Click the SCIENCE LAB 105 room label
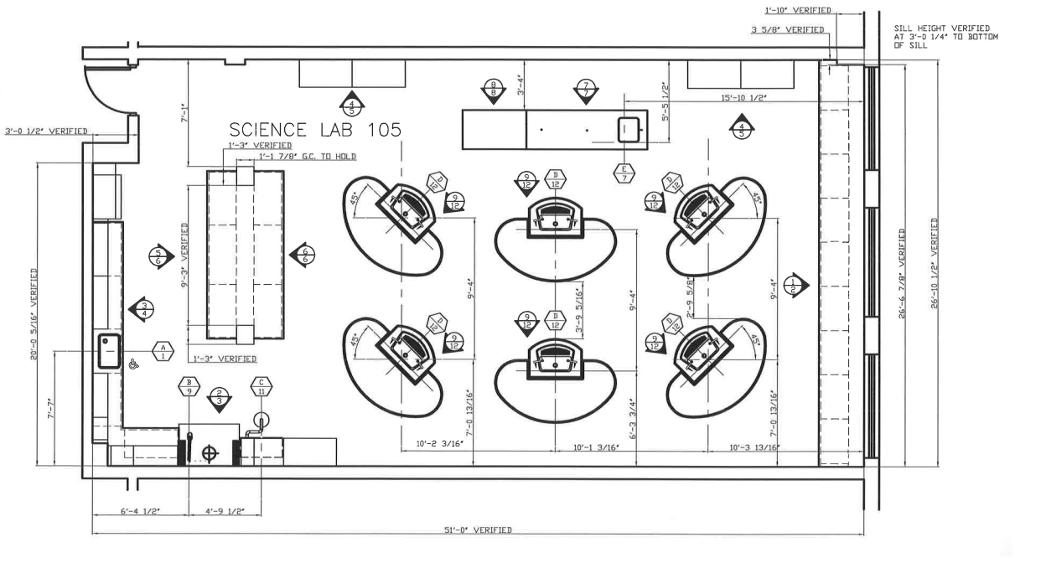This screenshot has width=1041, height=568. click(x=315, y=130)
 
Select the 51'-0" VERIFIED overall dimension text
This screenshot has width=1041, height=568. click(x=477, y=530)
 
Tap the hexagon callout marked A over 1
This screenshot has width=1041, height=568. click(x=163, y=351)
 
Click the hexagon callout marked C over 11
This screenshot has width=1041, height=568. click(x=262, y=386)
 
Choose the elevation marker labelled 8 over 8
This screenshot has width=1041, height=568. click(x=495, y=90)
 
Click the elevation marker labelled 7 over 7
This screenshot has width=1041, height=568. click(x=586, y=90)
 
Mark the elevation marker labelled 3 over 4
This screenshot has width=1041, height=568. click(x=142, y=309)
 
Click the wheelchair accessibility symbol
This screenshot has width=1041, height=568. click(x=133, y=364)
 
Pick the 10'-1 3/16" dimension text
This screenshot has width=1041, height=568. click(x=595, y=448)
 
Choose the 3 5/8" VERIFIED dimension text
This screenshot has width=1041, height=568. click(x=787, y=30)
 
